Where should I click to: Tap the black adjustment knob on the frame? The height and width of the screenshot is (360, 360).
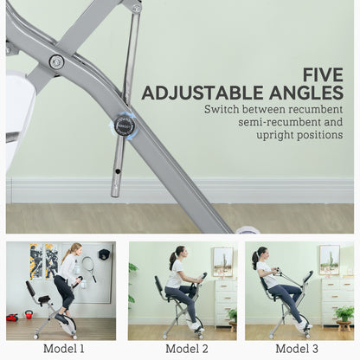(x=125, y=125)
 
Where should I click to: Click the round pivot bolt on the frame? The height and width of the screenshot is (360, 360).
(x=56, y=61)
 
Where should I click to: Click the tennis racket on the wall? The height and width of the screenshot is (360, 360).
(x=88, y=267)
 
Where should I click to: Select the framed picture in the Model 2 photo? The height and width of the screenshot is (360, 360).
(x=222, y=260)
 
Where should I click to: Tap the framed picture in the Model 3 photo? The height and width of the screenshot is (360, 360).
(x=329, y=259)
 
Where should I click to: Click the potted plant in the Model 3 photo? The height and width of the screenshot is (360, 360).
(x=344, y=314)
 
